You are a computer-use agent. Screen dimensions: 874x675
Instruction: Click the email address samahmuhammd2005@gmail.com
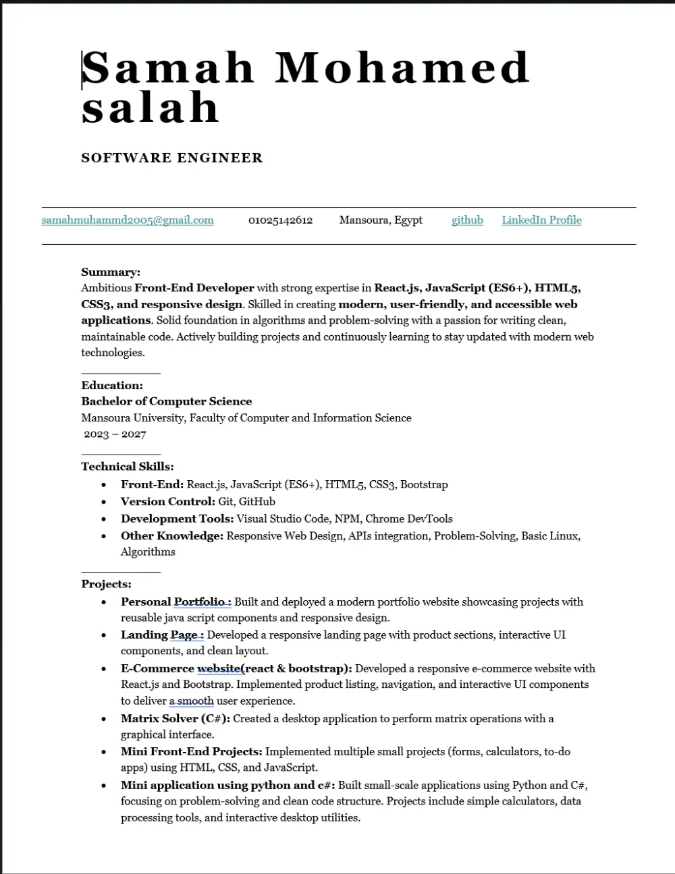[128, 220]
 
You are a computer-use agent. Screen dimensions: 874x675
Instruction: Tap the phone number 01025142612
[280, 220]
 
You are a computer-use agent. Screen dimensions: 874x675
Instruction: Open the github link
[467, 220]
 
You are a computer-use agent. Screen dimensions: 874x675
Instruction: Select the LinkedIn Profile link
[541, 220]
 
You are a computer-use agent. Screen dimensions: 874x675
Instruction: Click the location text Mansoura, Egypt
[381, 220]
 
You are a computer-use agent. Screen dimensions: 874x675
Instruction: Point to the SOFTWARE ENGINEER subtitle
[171, 158]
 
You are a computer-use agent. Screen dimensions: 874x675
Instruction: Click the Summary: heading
[111, 272]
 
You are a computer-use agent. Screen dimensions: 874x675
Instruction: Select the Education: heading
[112, 385]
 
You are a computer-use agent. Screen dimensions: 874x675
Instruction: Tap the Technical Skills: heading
[128, 466]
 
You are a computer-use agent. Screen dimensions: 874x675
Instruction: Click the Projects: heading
[106, 584]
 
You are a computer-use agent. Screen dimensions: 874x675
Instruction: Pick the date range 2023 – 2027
[115, 434]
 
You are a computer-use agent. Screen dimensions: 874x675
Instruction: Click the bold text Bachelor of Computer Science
[166, 401]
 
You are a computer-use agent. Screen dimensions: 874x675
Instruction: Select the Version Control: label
[168, 501]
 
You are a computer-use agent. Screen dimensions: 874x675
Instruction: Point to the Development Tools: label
[177, 519]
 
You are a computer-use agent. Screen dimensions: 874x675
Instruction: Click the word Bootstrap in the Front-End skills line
[424, 484]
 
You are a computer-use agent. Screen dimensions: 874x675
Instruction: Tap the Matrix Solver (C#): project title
[175, 718]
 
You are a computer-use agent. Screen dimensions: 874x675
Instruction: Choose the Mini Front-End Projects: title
[191, 751]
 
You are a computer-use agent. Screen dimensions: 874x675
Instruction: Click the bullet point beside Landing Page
[103, 635]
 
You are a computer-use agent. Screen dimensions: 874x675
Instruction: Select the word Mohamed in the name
[402, 67]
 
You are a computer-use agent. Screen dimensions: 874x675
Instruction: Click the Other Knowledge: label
[172, 535]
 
